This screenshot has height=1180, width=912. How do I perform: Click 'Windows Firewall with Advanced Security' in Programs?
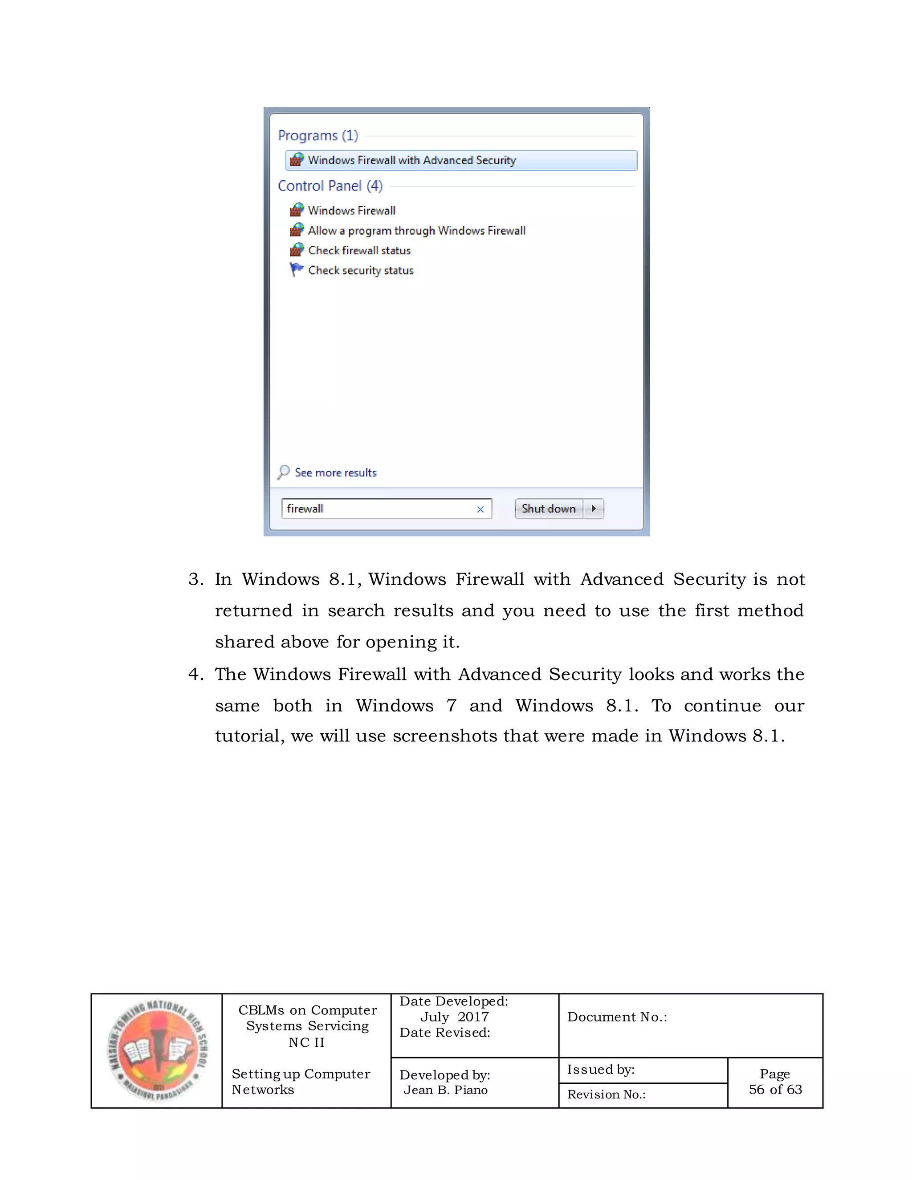coord(412,160)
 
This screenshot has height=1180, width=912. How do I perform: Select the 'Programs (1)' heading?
coord(318,136)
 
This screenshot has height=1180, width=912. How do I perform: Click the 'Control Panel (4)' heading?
coord(330,186)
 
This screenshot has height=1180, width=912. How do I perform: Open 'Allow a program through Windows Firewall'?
coord(416,231)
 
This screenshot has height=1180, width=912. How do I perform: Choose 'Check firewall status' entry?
coord(359,251)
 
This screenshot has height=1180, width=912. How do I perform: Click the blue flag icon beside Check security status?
coord(296,269)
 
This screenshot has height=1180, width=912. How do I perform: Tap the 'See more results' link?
coord(335,473)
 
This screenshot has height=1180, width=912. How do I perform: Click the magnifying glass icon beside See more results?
coord(284,472)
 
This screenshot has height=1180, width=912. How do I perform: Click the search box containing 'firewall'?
coord(378,509)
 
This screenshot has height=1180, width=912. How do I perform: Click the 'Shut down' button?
coord(548,509)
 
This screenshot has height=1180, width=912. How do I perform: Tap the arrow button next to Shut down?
coord(594,509)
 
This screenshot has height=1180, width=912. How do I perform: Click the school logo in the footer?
coord(157,1050)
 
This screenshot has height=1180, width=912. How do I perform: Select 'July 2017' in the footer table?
coord(454,1017)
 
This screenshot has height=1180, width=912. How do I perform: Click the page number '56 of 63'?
coord(775,1089)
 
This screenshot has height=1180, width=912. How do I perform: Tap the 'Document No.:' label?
coord(617,1017)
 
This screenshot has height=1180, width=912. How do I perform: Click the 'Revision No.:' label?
coord(606,1094)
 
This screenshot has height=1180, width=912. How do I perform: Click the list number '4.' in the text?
coord(195,675)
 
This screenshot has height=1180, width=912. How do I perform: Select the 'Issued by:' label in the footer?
coord(600,1069)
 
